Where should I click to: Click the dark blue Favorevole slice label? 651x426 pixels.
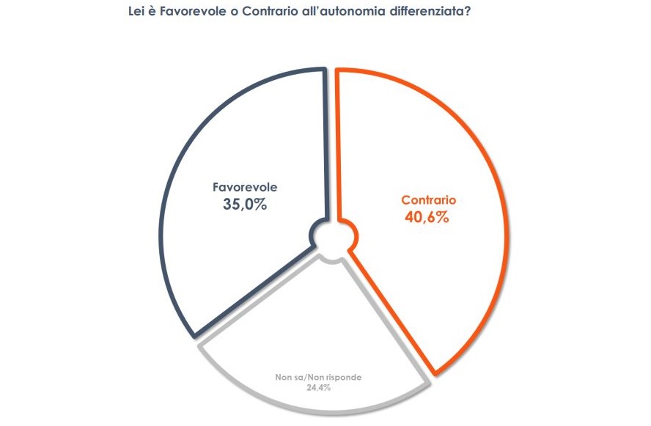pos(244,187)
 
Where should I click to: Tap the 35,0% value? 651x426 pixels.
pos(244,205)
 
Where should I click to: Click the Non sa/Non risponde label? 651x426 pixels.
pos(318,377)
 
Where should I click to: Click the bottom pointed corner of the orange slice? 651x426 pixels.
pos(437,373)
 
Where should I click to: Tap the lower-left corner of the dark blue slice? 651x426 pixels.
pos(196,336)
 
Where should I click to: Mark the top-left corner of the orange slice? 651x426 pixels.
pos(339,71)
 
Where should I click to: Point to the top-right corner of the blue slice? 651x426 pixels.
pos(323,70)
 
